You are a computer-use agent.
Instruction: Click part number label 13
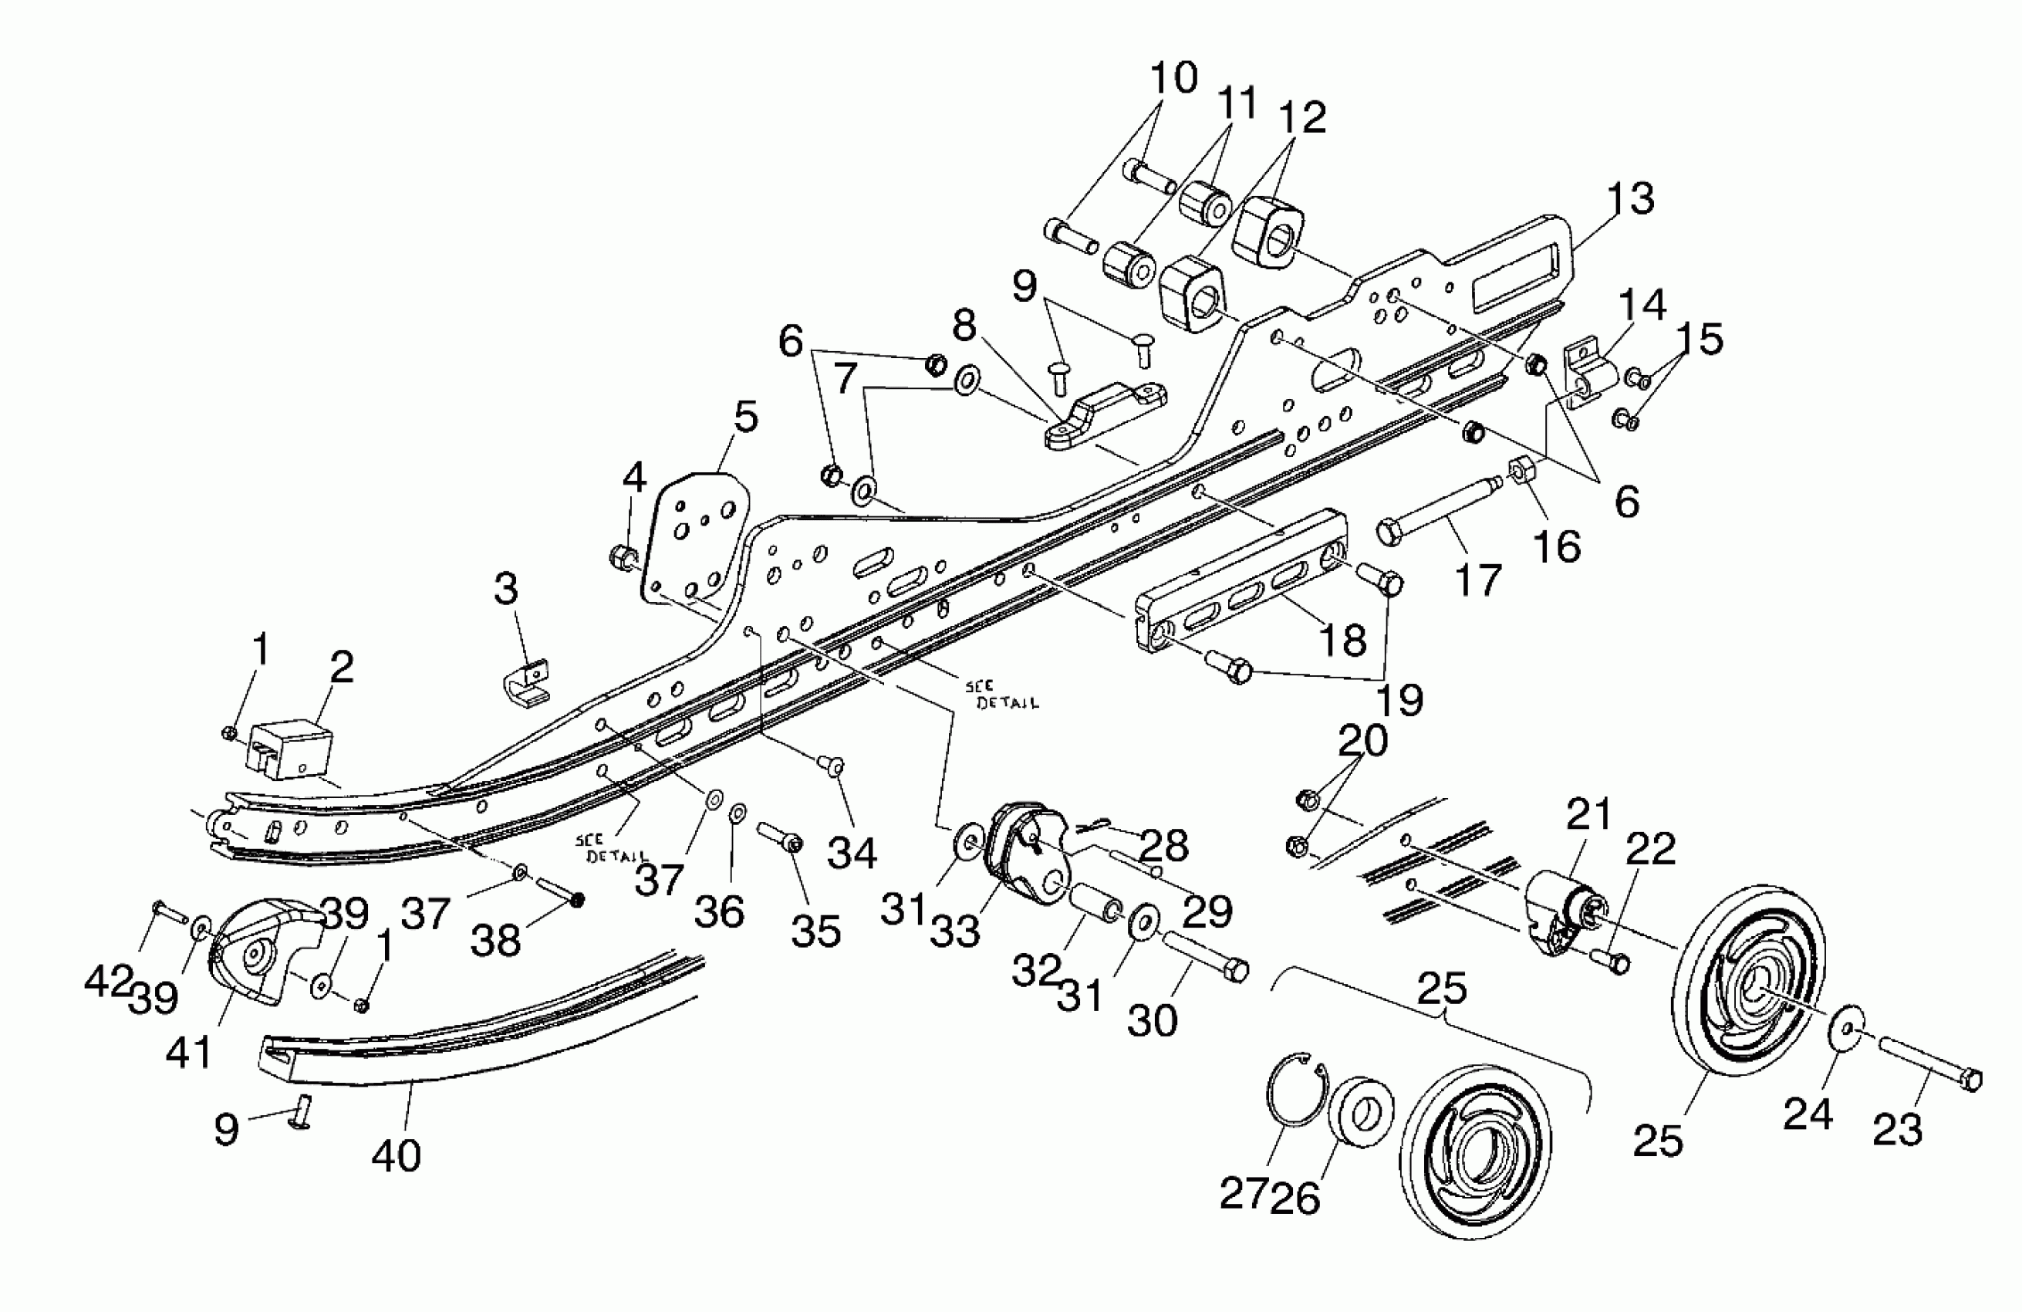point(1630,198)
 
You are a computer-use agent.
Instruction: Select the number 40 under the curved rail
point(396,1155)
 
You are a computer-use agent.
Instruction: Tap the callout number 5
point(745,418)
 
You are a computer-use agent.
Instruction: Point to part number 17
point(1478,580)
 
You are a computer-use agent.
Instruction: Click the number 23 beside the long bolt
point(1897,1130)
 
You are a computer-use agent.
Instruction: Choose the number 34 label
point(851,852)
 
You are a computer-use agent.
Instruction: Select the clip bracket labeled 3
point(525,684)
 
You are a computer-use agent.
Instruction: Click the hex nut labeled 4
point(622,556)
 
